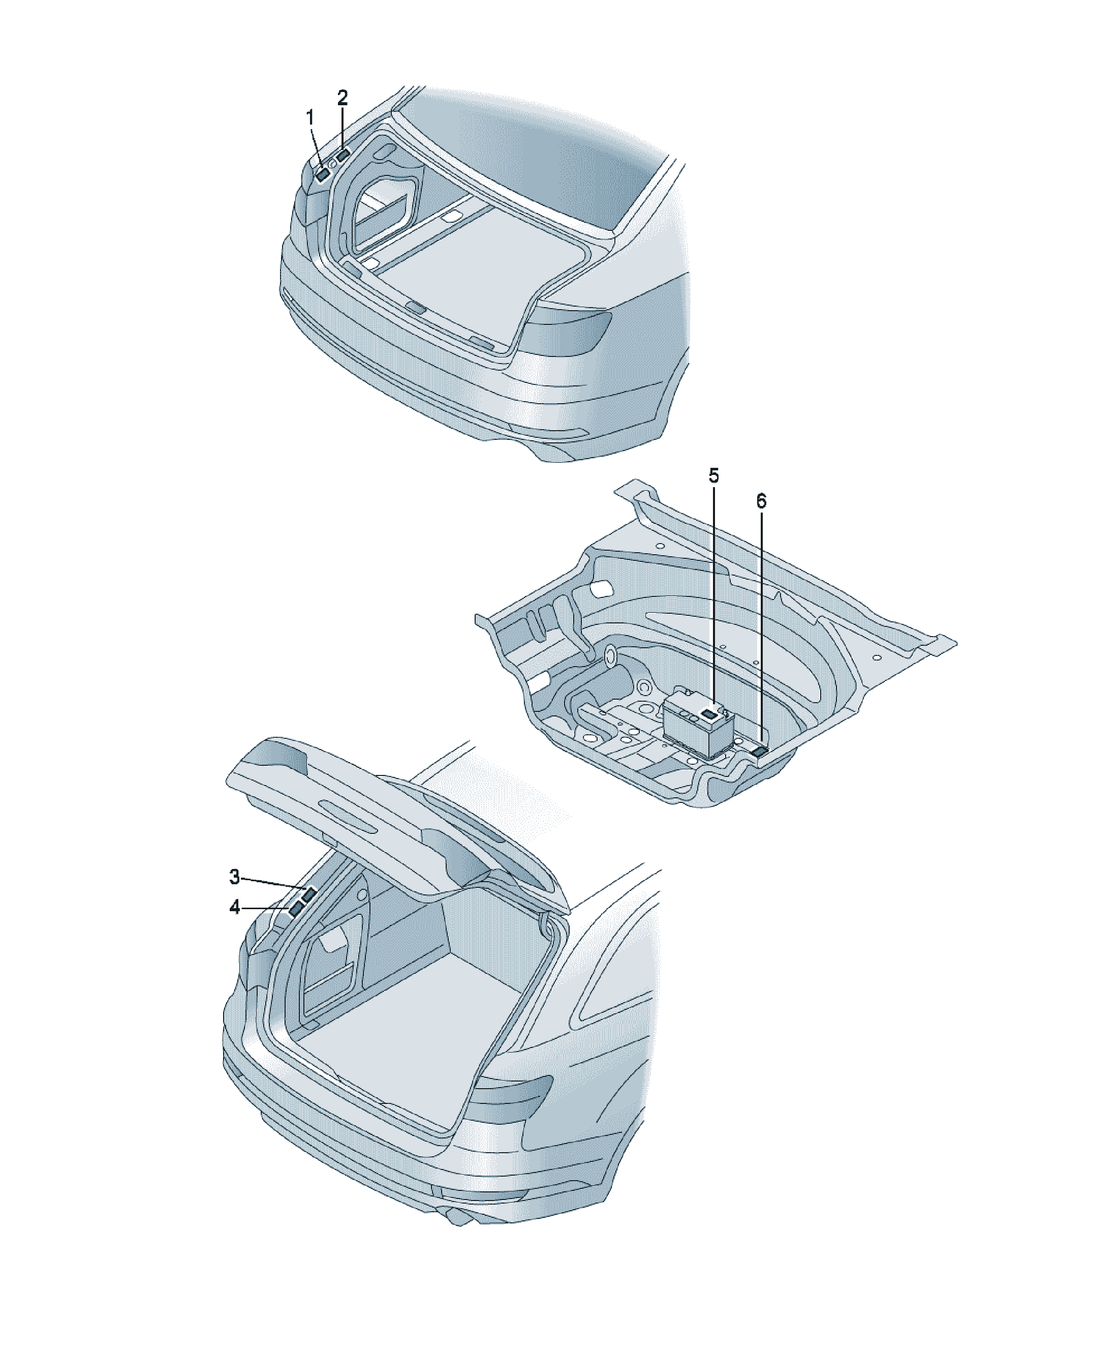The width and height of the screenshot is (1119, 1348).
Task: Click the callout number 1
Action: pos(310,118)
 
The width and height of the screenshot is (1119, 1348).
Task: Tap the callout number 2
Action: pos(343,98)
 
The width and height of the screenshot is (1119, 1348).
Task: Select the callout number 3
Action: pos(235,876)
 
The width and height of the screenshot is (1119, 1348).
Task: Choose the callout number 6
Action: pos(761,501)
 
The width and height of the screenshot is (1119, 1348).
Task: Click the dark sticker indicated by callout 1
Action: pos(322,173)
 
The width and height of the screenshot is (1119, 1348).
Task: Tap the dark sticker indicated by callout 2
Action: pos(343,155)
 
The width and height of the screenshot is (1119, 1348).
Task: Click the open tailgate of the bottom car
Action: pos(398,828)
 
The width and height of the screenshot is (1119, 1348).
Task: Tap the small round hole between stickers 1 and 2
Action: pos(332,164)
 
